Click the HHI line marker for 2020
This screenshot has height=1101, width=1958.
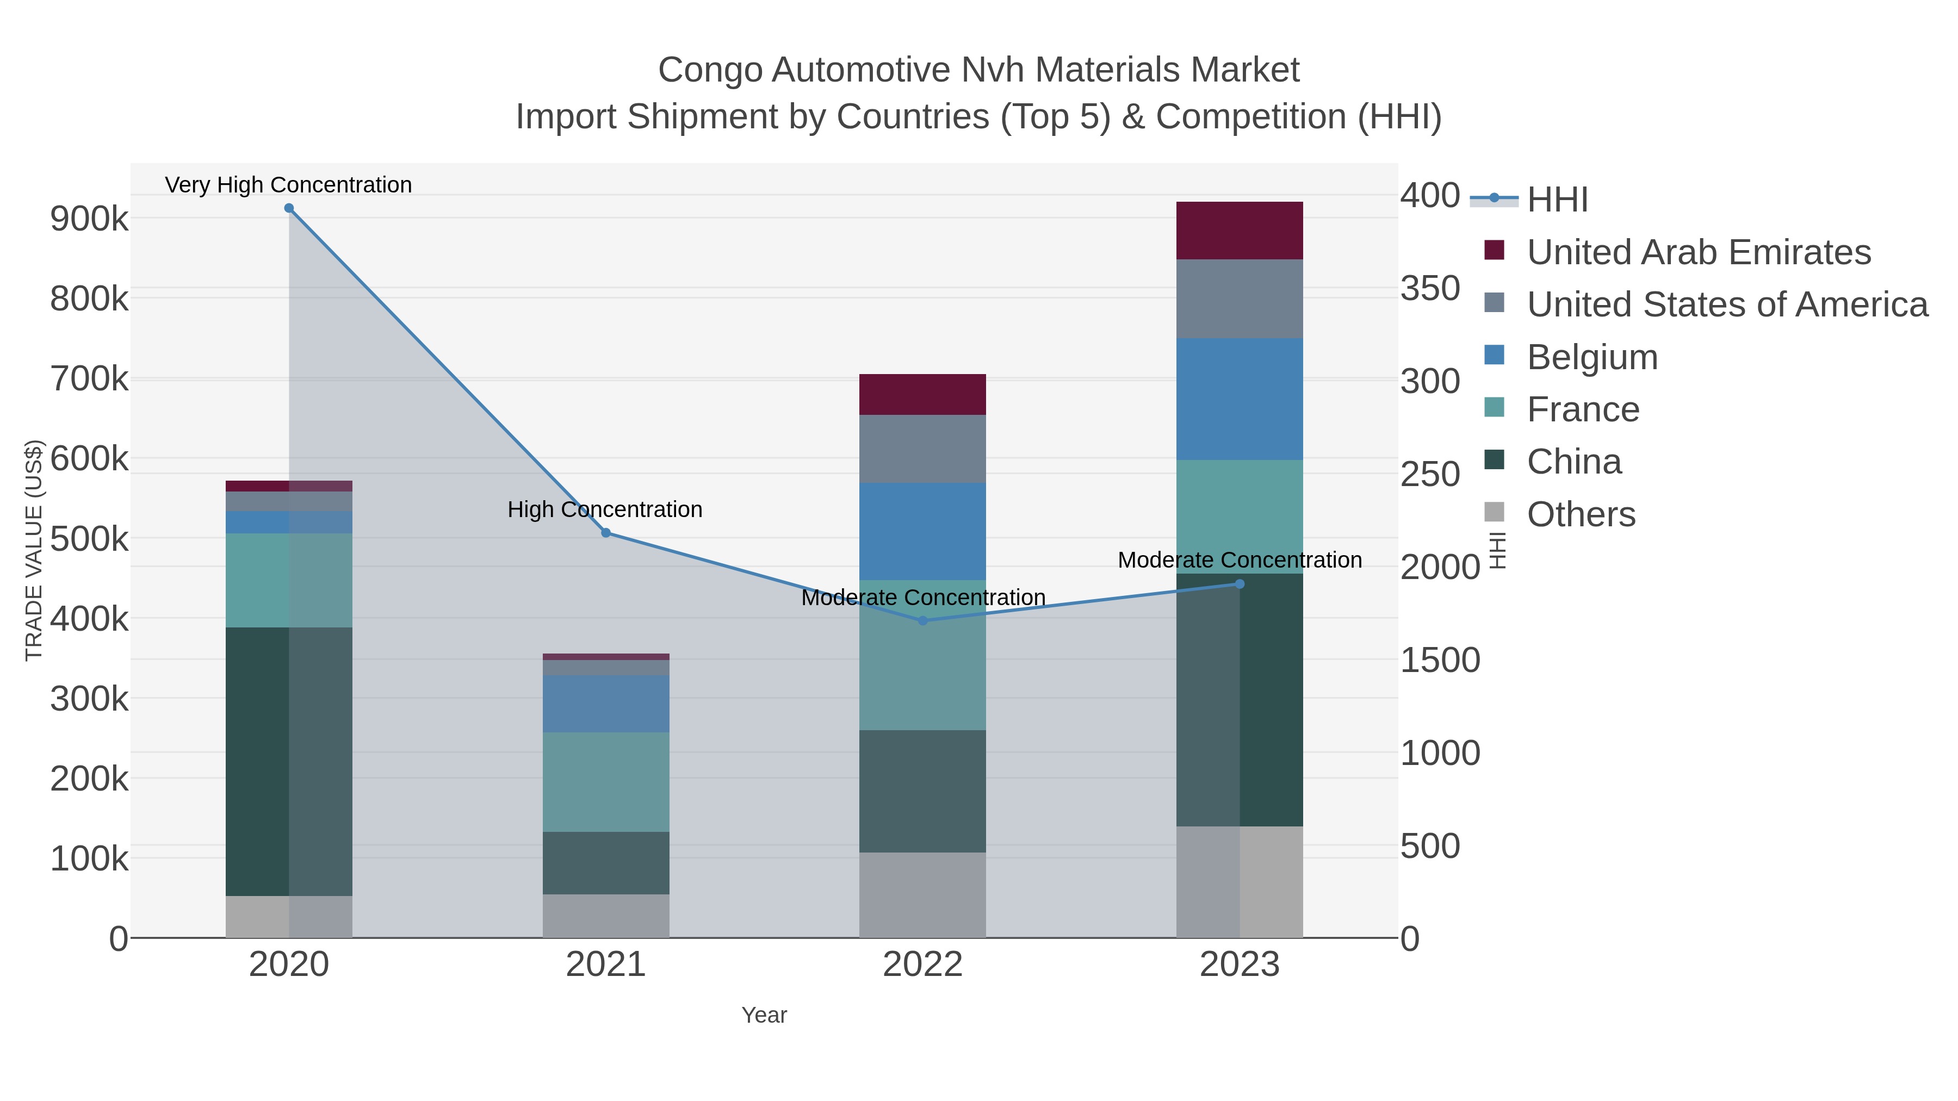point(289,208)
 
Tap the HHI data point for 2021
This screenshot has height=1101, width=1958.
point(606,533)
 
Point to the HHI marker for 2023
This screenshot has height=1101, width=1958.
point(1240,583)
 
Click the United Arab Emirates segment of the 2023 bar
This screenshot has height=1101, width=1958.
point(1240,231)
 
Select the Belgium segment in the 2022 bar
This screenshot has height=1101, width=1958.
point(923,531)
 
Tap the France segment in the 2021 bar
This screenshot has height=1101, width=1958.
point(606,782)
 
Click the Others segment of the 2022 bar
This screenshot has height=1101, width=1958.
point(923,894)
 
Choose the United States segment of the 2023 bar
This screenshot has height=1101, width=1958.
point(1240,298)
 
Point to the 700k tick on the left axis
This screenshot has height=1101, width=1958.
point(89,378)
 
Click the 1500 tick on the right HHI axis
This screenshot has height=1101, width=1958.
point(1440,660)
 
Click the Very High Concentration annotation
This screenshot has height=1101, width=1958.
point(288,185)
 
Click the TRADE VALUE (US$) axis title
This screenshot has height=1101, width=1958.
point(34,550)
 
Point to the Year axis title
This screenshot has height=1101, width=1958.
point(764,1015)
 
